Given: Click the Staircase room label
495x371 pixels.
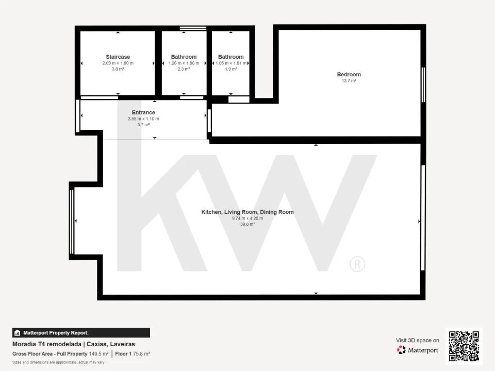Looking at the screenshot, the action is click(118, 57).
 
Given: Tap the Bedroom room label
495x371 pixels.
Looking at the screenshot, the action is click(349, 74).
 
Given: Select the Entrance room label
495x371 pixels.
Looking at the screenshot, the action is click(143, 112).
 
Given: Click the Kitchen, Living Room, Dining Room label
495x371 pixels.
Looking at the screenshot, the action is click(247, 212).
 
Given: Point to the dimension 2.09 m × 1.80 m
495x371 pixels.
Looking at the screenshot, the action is click(118, 63).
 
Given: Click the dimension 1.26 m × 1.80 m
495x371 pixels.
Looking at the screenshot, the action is click(184, 63).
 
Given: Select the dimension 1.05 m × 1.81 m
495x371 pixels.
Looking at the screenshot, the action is click(231, 63).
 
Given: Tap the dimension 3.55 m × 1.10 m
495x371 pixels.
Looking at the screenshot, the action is click(143, 119).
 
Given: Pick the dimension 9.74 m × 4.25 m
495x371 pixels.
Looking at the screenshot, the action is click(247, 218).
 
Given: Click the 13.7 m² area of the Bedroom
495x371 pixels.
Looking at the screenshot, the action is click(349, 81).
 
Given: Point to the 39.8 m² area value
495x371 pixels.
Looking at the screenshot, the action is click(247, 224).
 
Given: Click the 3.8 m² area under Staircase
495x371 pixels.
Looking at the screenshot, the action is click(118, 69).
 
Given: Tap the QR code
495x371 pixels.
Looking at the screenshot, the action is click(464, 346).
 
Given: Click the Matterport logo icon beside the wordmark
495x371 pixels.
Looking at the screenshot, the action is click(401, 350).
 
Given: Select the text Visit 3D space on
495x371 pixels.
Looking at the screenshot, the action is click(418, 341).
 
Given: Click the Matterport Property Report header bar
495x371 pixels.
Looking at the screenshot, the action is click(81, 333).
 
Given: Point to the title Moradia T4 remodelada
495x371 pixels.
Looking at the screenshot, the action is click(47, 344).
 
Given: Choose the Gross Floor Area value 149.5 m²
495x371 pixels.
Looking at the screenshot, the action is click(98, 354).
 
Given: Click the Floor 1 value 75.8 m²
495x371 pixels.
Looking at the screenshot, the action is click(141, 354).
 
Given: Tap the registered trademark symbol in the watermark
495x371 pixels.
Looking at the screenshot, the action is click(357, 264).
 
